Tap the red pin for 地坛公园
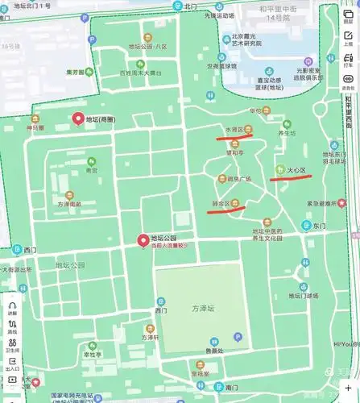pos(143,239)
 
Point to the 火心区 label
pos(296,170)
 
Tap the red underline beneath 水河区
pos(234,137)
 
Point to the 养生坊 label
pos(288,133)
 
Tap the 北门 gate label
pos(190,6)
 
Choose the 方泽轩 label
pos(150,338)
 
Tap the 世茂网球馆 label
pos(220,66)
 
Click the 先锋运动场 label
pos(219,15)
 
